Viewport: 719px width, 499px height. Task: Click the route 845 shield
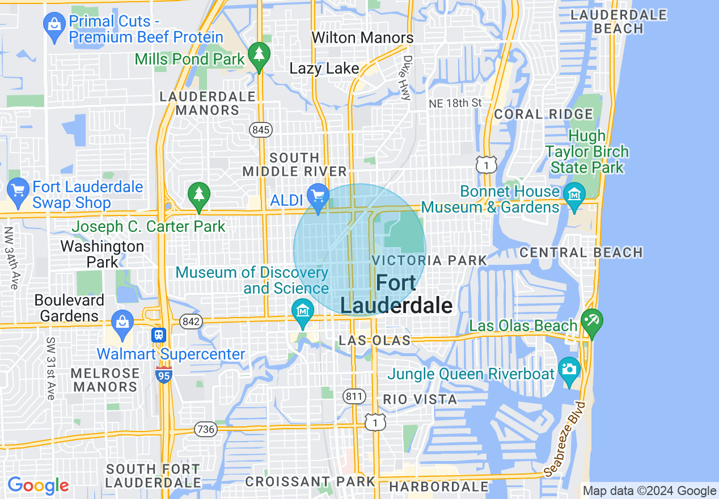[x=260, y=130]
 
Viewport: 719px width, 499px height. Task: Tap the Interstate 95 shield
[x=164, y=374]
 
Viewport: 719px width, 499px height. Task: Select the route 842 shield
[x=191, y=322]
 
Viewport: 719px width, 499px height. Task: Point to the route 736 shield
[x=205, y=429]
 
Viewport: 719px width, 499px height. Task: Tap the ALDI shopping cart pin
[x=318, y=197]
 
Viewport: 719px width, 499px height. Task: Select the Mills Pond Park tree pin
[x=259, y=55]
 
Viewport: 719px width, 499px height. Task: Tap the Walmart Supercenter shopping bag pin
[x=122, y=323]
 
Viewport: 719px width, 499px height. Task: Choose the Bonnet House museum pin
[x=574, y=194]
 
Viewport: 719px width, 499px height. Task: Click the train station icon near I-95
[x=159, y=335]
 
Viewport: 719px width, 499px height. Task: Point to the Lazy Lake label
[x=324, y=69]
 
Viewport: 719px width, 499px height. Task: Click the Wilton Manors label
[x=363, y=38]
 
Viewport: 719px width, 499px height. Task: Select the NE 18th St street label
[x=455, y=103]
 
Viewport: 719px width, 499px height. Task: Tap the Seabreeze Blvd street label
[x=565, y=439]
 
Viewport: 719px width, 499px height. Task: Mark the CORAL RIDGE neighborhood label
[x=543, y=114]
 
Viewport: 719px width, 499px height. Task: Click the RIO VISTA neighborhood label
[x=420, y=399]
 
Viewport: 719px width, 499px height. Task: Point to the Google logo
[x=38, y=485]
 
